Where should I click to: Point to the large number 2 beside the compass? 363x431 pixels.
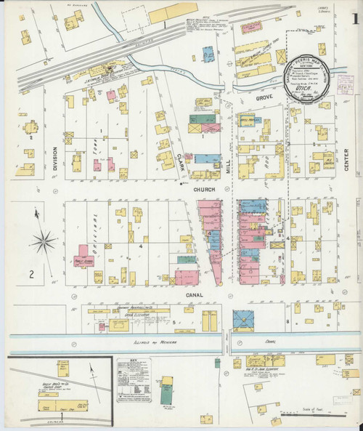coord(32,274)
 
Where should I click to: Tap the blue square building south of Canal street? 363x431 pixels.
coord(243,320)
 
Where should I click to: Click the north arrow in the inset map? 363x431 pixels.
coord(93,372)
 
